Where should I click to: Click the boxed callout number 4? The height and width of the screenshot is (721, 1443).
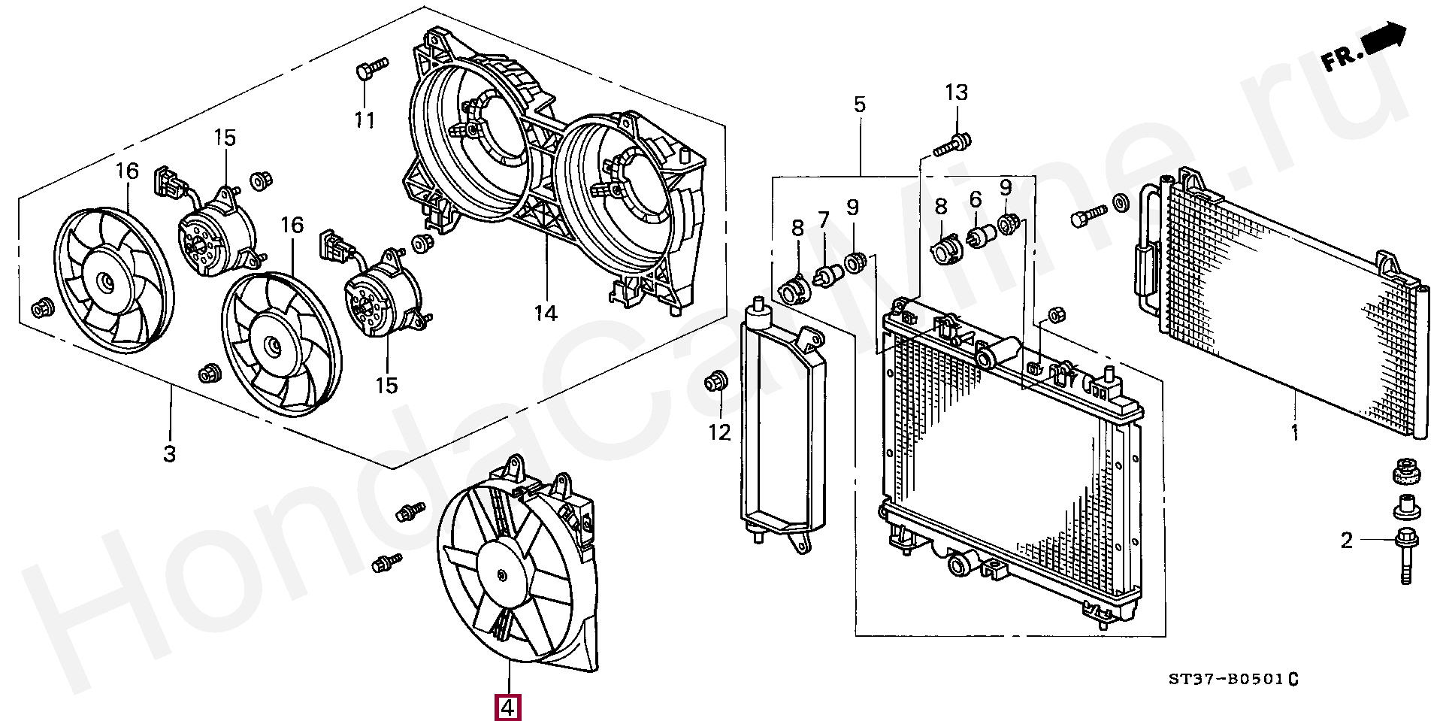tap(507, 707)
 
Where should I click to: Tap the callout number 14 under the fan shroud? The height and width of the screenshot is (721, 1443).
tap(546, 313)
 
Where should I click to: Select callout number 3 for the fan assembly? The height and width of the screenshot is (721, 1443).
tap(170, 454)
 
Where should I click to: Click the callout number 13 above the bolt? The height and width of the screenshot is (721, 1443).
tap(956, 92)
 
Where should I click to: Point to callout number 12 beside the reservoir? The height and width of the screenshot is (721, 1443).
tap(719, 432)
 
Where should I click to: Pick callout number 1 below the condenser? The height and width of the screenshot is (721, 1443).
tap(1295, 432)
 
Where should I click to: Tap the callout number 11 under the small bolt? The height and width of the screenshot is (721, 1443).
tap(365, 120)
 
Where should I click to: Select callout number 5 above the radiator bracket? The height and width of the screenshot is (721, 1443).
tap(860, 105)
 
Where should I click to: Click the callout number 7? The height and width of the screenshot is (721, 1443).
tap(824, 220)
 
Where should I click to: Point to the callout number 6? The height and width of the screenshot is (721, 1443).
tap(976, 199)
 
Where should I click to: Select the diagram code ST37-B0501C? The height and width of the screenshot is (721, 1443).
tap(1233, 680)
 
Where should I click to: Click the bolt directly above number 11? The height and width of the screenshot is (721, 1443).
tap(370, 68)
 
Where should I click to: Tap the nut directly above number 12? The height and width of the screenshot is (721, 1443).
tap(715, 381)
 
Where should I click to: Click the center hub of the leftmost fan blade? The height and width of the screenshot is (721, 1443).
tap(106, 282)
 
